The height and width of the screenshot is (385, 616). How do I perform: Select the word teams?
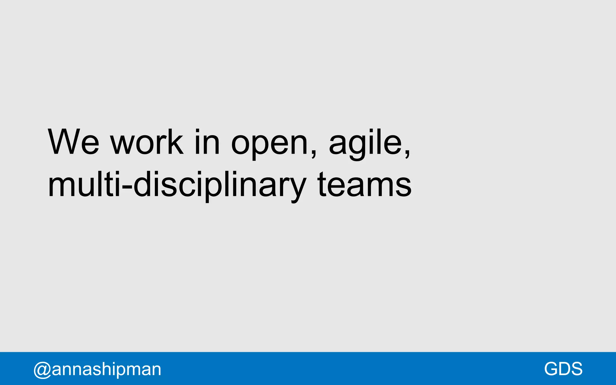(364, 185)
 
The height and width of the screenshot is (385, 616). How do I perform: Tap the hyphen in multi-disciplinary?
(128, 187)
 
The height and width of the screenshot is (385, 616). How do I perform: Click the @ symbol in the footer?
(42, 370)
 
